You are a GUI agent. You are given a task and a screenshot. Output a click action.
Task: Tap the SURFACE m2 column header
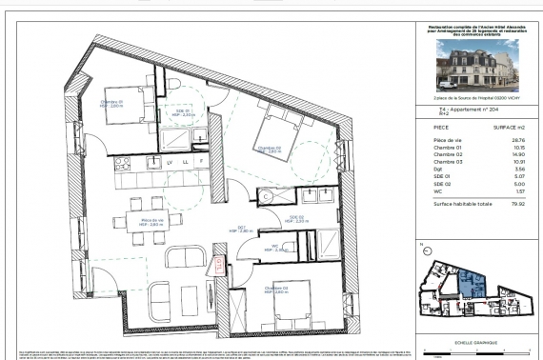(511, 127)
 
